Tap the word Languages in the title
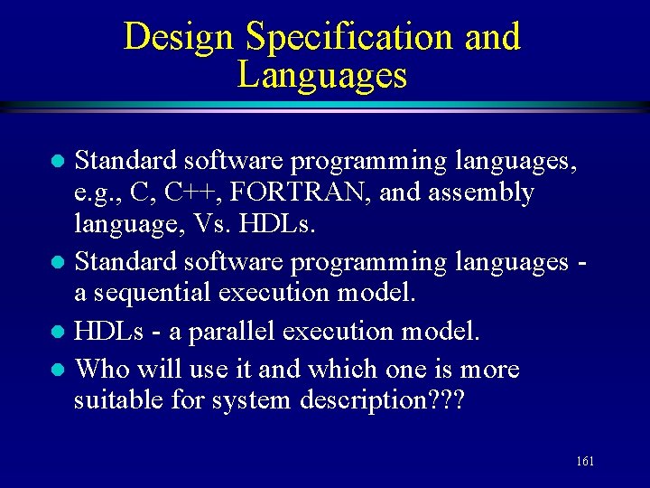(321, 76)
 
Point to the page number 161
(584, 462)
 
